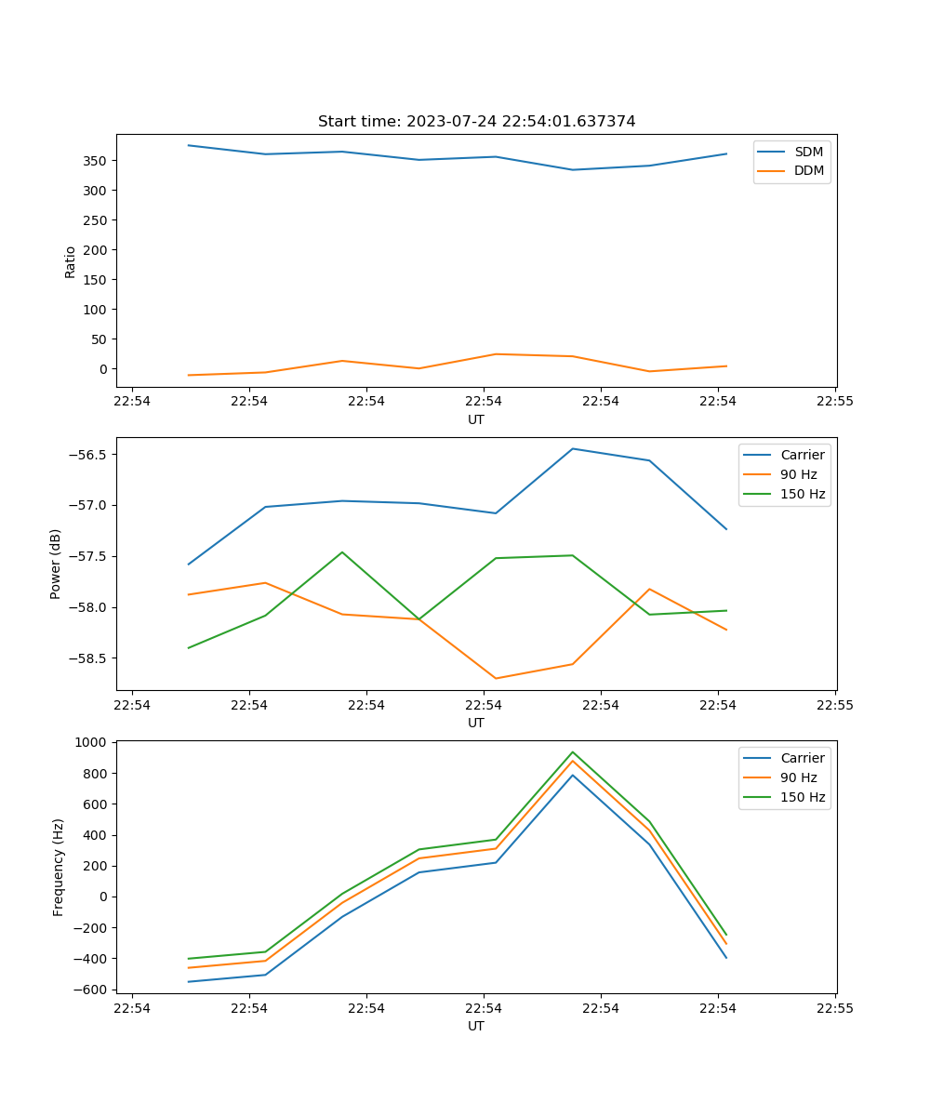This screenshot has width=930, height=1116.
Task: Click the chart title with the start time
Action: [476, 122]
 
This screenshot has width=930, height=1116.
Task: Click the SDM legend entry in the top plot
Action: [808, 152]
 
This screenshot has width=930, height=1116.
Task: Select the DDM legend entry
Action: [808, 170]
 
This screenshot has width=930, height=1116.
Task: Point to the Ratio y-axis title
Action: [71, 261]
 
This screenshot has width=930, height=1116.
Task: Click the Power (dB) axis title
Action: [56, 564]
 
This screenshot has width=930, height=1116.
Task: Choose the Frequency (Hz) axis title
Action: [58, 867]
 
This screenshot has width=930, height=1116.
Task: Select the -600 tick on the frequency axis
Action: [91, 990]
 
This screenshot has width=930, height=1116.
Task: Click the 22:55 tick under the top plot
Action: [835, 402]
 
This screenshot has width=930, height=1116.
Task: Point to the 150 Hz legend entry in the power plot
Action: [803, 494]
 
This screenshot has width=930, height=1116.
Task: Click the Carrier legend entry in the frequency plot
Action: [802, 758]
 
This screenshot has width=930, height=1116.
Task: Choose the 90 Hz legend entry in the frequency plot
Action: [799, 777]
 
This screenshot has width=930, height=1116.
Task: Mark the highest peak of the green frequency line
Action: [572, 752]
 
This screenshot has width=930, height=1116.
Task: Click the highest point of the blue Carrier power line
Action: [572, 448]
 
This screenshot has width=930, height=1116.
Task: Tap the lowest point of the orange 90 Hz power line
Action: [496, 678]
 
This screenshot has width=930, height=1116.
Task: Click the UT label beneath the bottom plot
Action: [476, 1026]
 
